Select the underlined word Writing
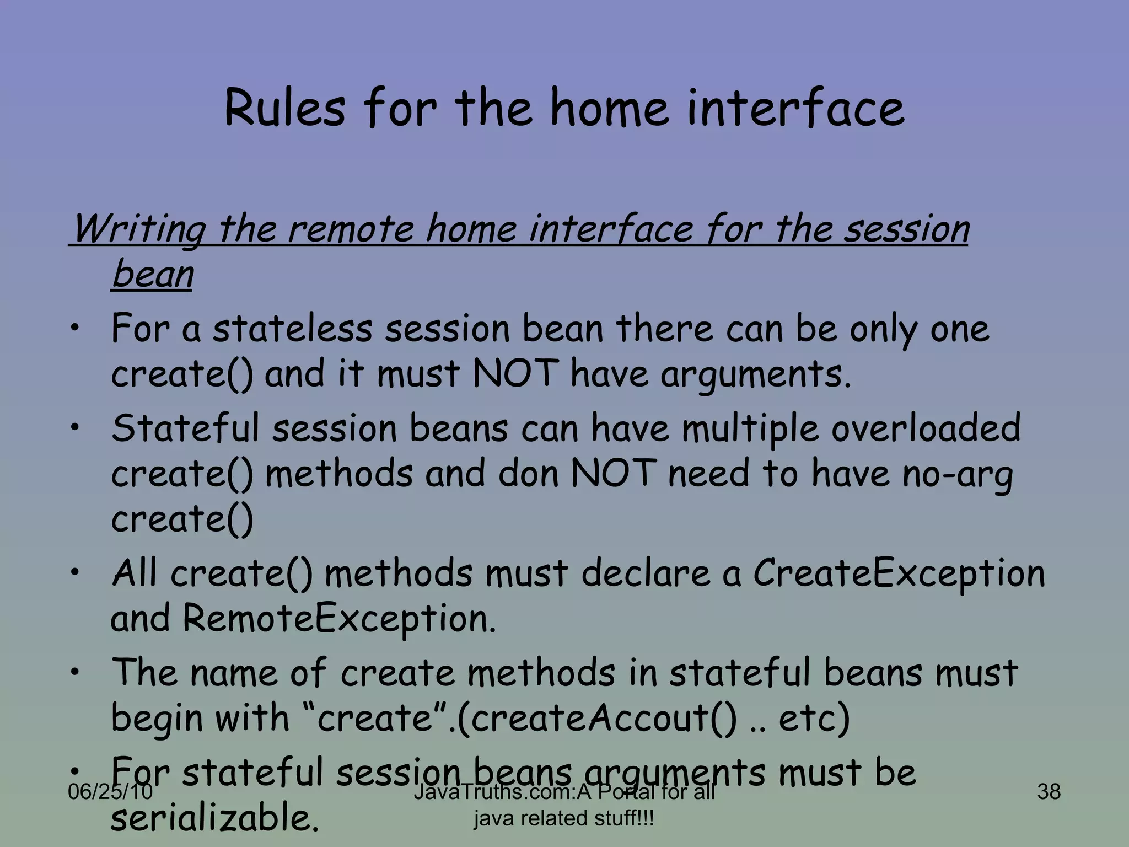click(139, 229)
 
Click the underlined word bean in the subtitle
click(153, 274)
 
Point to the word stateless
click(293, 329)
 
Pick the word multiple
click(750, 429)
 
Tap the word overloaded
click(926, 429)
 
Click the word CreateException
click(899, 573)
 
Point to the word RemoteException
click(339, 619)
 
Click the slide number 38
click(1049, 792)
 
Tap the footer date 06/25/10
click(110, 792)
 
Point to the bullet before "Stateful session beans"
click(76, 426)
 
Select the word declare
click(646, 573)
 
